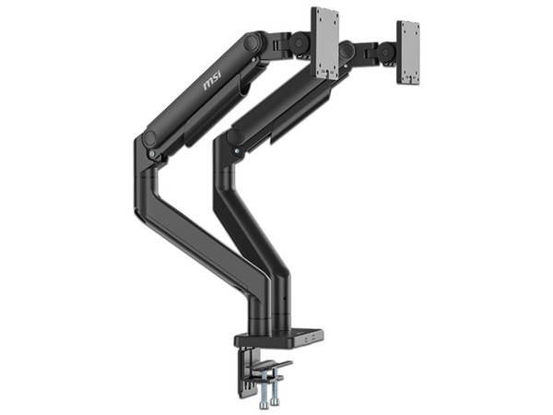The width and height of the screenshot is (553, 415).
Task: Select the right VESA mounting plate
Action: pyautogui.click(x=408, y=52)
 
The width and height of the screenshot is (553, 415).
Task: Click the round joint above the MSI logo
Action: pyautogui.click(x=252, y=41)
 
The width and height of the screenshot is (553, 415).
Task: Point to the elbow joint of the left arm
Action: pyautogui.click(x=150, y=140)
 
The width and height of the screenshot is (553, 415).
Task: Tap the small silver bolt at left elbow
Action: pyautogui.click(x=150, y=138)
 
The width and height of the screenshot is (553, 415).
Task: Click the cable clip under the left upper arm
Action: pyautogui.click(x=241, y=88)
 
